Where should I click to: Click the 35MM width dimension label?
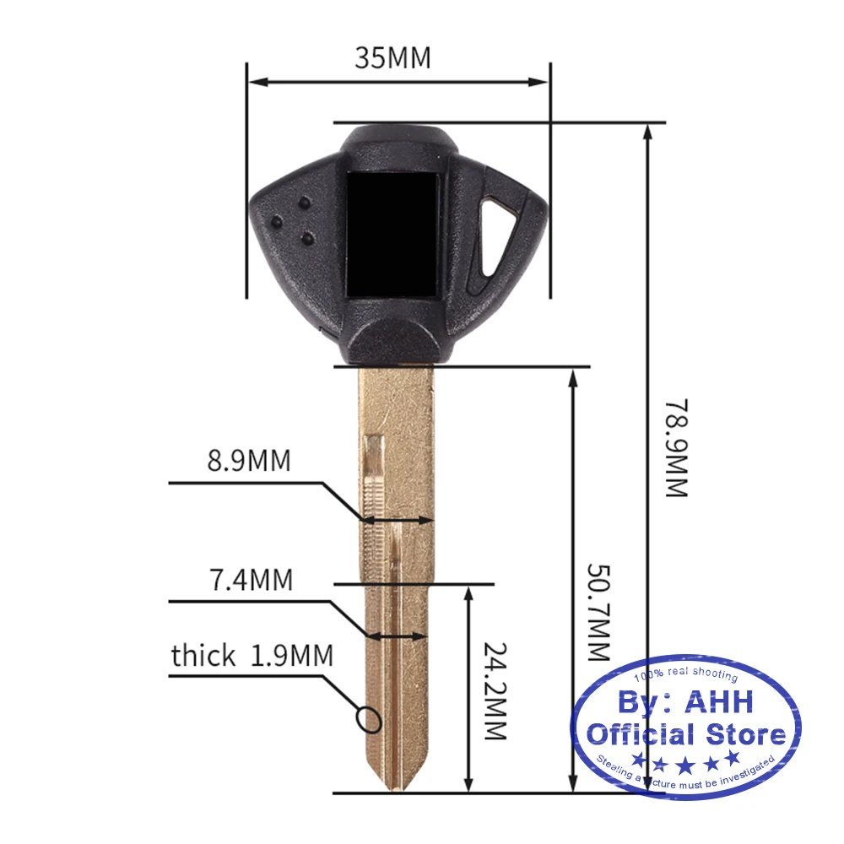point(392,58)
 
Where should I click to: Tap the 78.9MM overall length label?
point(677,447)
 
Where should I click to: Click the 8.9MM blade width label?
point(249,462)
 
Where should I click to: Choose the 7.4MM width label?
point(251,581)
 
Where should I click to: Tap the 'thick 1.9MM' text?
point(252,656)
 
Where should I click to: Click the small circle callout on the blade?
point(369,719)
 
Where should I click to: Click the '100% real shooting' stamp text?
point(685,676)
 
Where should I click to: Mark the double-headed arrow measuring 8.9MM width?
point(398,521)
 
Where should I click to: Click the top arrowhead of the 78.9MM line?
point(647,131)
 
